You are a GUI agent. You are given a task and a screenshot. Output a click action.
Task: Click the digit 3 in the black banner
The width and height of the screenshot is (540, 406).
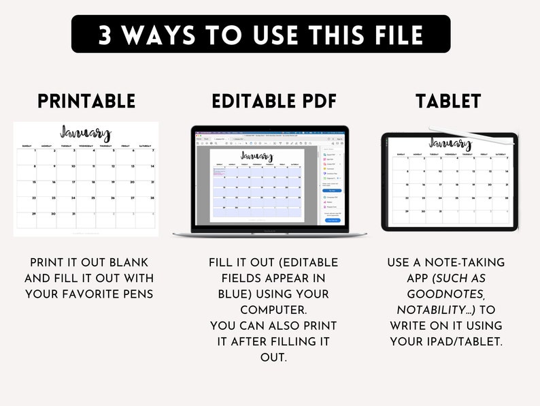click(x=106, y=35)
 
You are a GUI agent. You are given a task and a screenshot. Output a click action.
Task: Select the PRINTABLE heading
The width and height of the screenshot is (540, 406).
click(x=86, y=101)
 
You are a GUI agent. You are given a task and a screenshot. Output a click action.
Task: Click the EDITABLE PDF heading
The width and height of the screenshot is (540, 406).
click(x=274, y=101)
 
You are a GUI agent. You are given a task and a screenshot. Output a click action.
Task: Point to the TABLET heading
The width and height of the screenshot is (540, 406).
click(x=448, y=101)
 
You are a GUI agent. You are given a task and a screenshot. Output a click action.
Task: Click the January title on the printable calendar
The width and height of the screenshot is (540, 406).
click(x=85, y=133)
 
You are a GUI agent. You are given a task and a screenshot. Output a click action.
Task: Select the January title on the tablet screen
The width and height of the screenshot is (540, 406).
click(x=450, y=144)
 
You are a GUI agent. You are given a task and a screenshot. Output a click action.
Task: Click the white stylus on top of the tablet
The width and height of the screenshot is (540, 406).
click(x=469, y=136)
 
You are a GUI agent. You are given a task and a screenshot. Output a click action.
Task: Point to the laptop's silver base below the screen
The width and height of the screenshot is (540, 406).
click(x=269, y=234)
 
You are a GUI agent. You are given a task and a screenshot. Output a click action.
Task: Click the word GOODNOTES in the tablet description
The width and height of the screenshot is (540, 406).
click(x=446, y=294)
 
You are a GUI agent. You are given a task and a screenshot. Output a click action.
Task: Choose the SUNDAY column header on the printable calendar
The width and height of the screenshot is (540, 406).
click(x=27, y=146)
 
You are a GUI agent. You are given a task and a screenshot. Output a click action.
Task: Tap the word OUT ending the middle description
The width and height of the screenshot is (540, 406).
click(x=273, y=356)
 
